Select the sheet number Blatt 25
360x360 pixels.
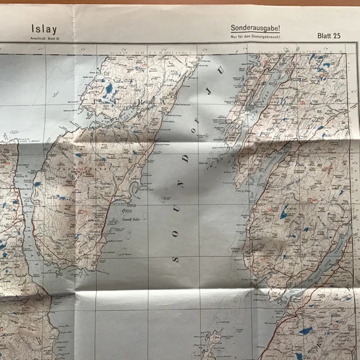click(330, 36)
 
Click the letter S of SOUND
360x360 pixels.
click(175, 259)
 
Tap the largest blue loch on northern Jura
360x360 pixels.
click(108, 89)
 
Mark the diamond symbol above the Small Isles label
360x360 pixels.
click(125, 210)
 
